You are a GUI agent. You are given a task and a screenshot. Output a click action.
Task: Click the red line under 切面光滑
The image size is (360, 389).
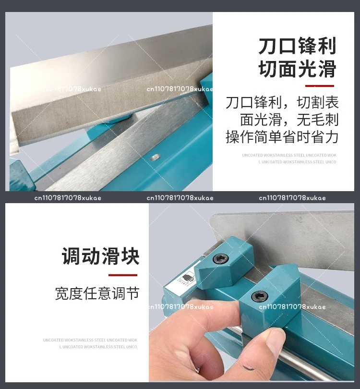[319, 85]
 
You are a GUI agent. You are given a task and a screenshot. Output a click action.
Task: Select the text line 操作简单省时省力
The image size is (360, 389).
[282, 137]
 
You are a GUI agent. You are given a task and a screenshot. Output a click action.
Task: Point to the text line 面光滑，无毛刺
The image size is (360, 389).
[289, 120]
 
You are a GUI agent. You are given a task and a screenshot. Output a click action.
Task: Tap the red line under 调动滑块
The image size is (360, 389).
[122, 275]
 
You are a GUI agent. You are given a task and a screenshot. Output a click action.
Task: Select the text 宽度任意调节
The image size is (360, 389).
[97, 293]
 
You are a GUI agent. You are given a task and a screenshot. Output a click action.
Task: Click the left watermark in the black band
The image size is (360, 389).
[68, 198]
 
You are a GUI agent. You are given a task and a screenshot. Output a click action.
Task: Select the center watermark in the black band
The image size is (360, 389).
[180, 198]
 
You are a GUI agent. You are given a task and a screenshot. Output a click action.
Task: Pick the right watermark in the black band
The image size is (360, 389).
[292, 198]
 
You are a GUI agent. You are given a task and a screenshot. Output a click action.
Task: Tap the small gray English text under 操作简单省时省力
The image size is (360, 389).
[289, 158]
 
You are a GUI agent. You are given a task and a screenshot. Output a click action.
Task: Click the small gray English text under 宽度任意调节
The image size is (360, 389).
[90, 343]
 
